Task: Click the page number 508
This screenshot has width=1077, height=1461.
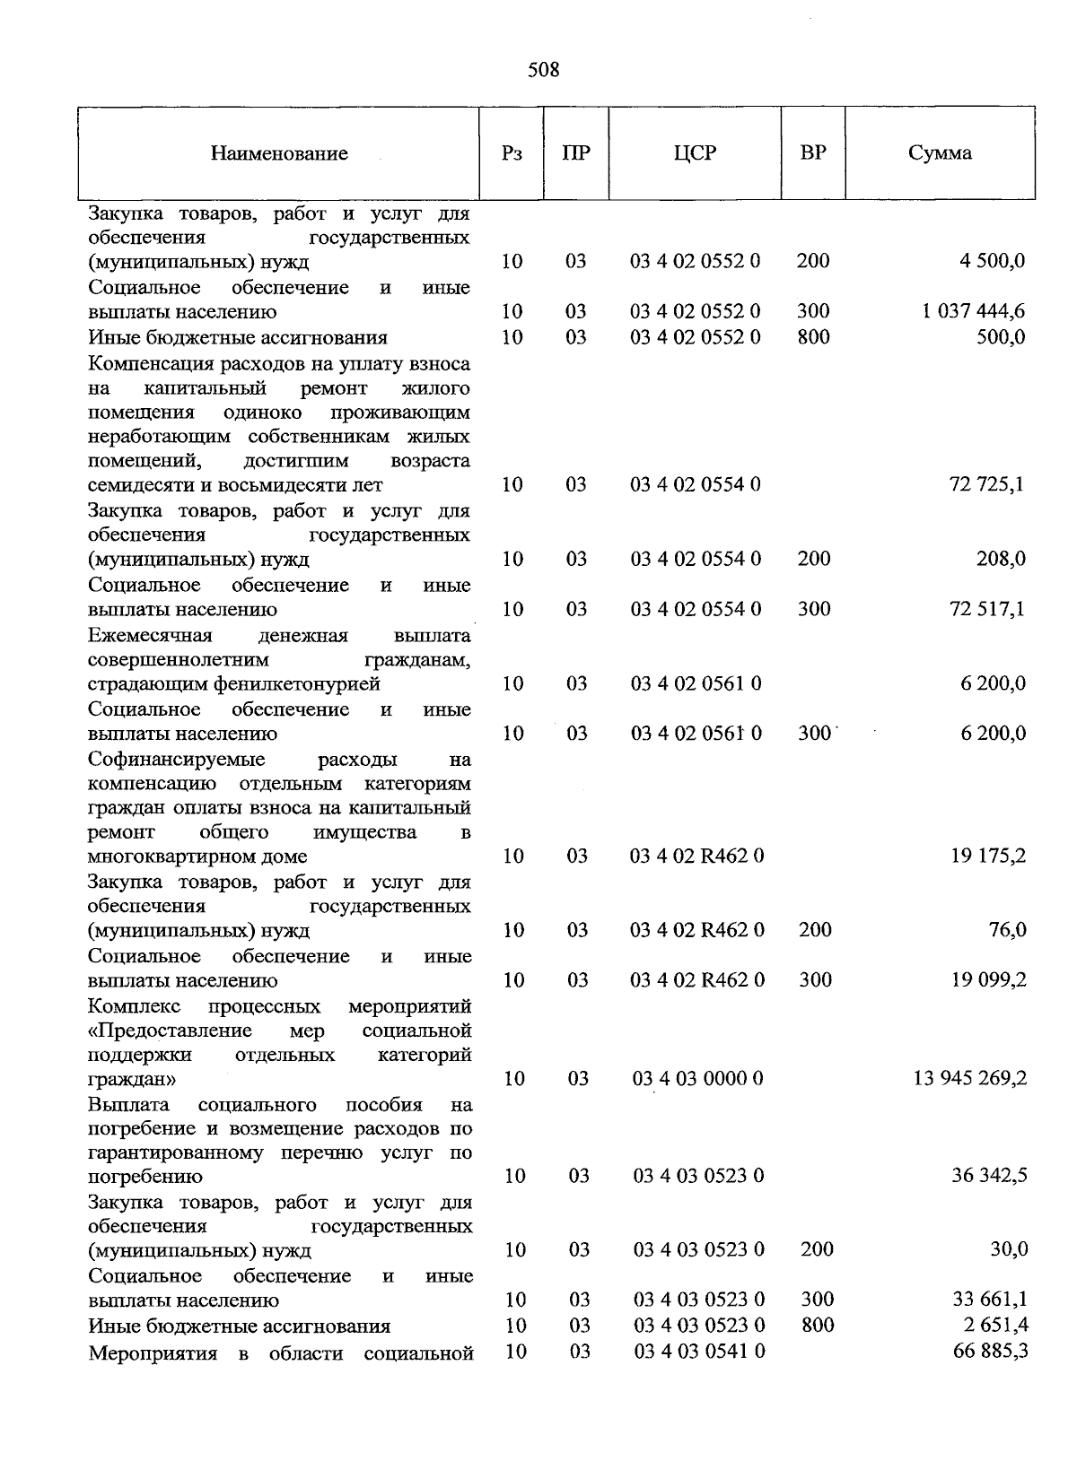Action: point(544,70)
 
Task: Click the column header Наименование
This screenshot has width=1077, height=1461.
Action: point(279,153)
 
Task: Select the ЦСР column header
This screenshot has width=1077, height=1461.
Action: point(695,153)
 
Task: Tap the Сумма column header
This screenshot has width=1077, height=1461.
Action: point(940,153)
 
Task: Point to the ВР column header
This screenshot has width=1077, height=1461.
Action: point(812,152)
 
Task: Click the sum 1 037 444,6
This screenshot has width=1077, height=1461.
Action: point(973,312)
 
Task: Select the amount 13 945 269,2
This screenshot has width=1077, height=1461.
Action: point(970,1078)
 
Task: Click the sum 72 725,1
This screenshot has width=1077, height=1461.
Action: point(986,485)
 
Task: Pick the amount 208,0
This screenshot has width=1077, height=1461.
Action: point(1001,560)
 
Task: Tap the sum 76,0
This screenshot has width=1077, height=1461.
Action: point(1007,930)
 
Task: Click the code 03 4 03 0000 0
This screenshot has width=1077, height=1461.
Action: point(698,1078)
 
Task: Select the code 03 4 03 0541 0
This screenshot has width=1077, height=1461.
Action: point(698,1351)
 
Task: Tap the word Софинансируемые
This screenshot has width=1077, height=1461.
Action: point(177,760)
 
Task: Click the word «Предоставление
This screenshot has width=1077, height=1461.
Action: point(171,1031)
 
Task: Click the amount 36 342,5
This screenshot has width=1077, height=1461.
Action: point(989,1176)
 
